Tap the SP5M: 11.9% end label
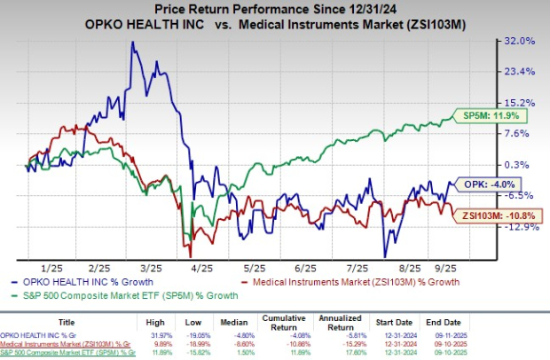pos(479,115)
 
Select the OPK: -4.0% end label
pos(480,184)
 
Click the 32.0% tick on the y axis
pos(520,41)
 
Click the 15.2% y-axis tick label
pos(520,103)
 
